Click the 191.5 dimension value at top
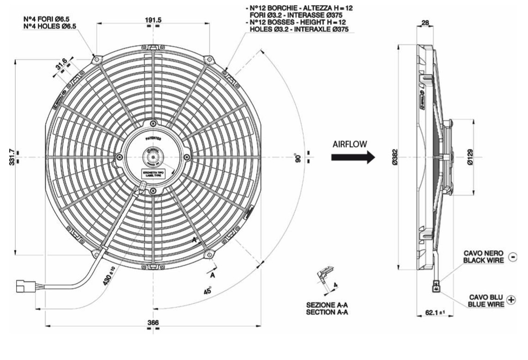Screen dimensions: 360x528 153,20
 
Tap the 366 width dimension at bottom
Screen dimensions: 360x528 153,322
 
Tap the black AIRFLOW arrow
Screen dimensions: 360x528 352,157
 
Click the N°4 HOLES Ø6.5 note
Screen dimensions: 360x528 46,26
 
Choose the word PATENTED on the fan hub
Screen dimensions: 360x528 153,138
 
